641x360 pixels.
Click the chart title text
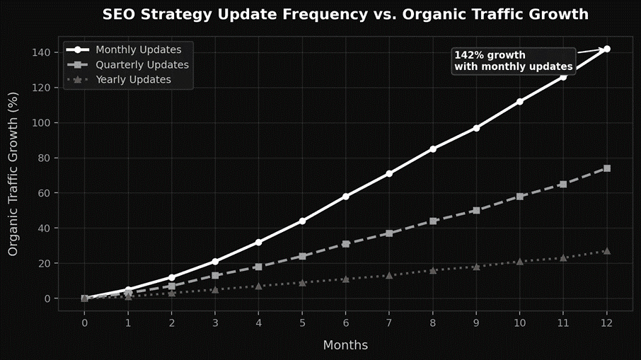tap(345, 14)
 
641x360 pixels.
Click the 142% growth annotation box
tap(513, 61)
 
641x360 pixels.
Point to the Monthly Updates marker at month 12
tap(607, 49)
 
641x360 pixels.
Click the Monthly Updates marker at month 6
tap(346, 196)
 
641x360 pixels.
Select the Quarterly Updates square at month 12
tap(607, 168)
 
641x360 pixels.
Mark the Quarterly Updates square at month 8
tap(433, 221)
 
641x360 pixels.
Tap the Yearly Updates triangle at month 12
tap(607, 251)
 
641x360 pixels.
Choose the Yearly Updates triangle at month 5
tap(302, 282)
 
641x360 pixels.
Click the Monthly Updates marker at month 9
tap(476, 128)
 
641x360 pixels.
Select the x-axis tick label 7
tap(389, 323)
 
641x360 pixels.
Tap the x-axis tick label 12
tap(607, 323)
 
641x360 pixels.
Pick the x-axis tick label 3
tap(215, 323)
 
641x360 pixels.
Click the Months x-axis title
tap(345, 345)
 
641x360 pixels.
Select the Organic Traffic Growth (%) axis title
tap(13, 175)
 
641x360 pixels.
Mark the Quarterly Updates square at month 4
tap(258, 267)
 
